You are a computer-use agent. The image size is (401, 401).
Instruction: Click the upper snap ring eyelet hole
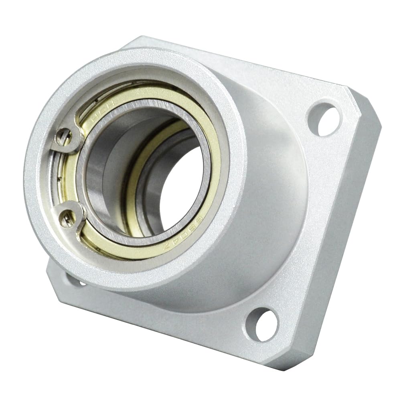pyautogui.click(x=64, y=138)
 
